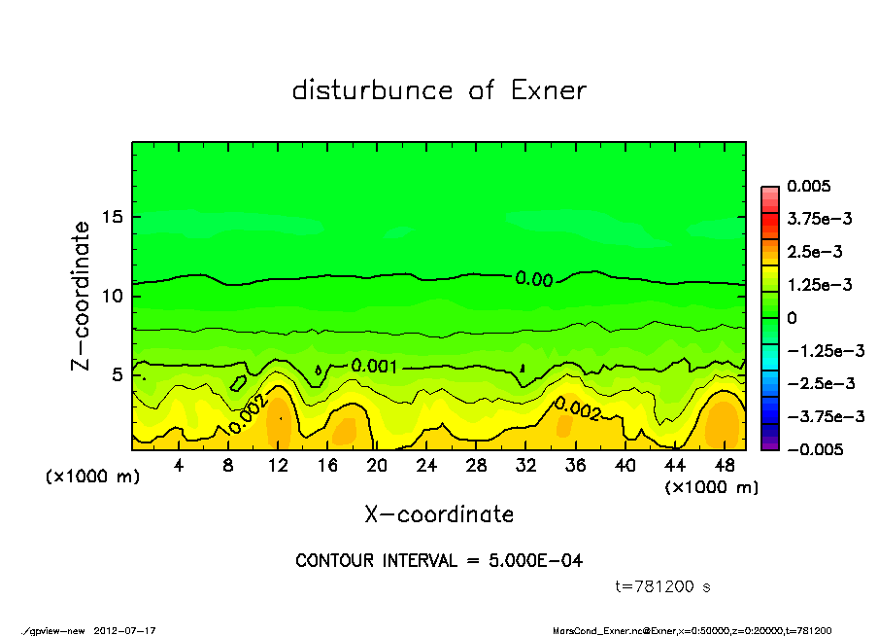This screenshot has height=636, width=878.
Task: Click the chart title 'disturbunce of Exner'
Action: (439, 90)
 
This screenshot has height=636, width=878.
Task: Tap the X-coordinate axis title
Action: (439, 514)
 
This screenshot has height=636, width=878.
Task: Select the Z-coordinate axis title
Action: (82, 296)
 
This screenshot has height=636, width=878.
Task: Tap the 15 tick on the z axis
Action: (113, 217)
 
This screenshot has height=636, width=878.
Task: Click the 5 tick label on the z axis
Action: (118, 374)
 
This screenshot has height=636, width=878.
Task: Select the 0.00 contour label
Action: (534, 280)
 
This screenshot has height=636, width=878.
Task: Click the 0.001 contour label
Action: (375, 367)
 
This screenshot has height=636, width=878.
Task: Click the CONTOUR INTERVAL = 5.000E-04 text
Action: (439, 560)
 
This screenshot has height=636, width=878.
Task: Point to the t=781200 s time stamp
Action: (664, 586)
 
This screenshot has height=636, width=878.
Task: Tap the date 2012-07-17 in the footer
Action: (125, 630)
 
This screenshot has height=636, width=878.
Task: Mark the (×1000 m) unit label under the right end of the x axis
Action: (711, 487)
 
